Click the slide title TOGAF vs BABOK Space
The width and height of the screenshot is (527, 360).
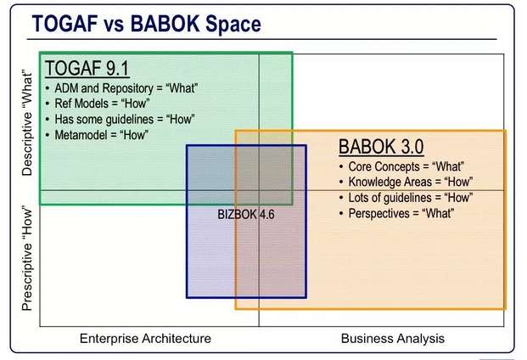pos(147,24)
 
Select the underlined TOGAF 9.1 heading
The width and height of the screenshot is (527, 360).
pos(87,68)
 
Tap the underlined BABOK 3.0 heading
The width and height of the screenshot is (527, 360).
pos(381,147)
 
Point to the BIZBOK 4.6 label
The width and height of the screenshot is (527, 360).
pos(246,215)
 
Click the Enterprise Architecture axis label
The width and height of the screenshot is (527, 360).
pos(145,338)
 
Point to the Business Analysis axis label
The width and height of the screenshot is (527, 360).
pos(393,338)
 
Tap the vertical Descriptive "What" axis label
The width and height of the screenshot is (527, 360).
pos(27,122)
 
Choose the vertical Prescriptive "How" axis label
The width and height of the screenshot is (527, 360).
pos(27,258)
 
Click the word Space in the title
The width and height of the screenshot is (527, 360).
pos(233,25)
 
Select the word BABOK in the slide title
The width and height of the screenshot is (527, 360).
pos(165,24)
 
